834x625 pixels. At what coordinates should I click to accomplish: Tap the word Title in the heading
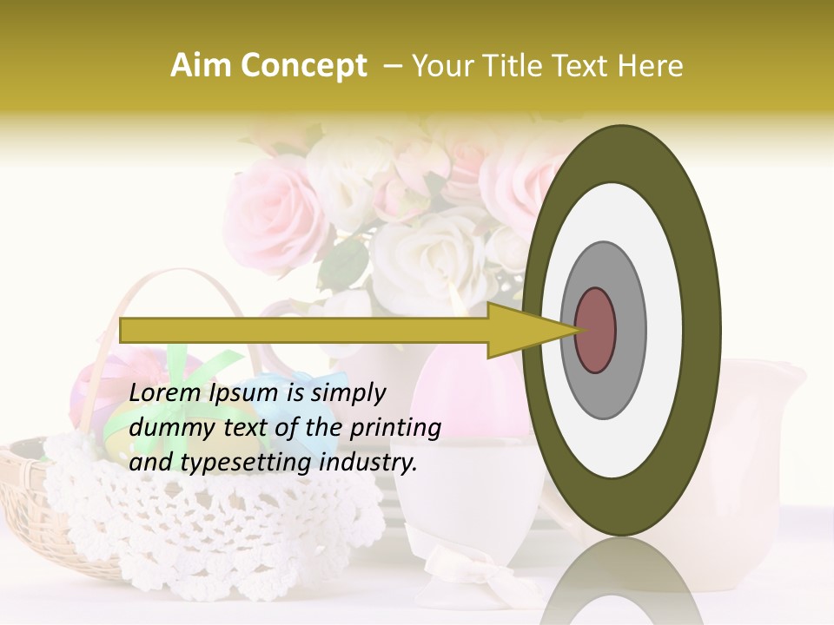[522, 66]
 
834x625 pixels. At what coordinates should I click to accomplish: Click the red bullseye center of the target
[596, 330]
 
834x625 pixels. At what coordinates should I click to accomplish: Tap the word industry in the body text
[368, 462]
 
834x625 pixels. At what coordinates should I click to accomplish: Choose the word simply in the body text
[347, 393]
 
